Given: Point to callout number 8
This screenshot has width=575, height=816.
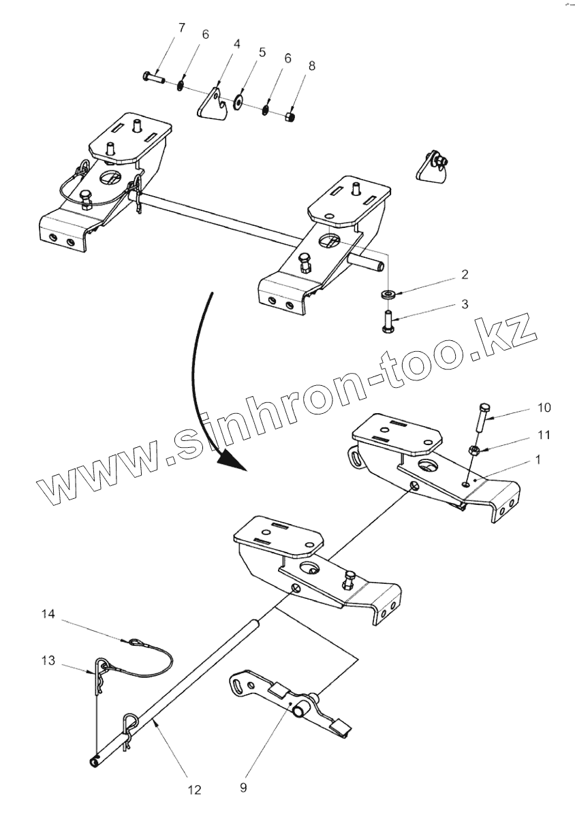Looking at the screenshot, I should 312,66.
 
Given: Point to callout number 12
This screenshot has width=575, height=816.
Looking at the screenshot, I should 194,789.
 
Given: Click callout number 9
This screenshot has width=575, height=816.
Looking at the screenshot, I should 243,789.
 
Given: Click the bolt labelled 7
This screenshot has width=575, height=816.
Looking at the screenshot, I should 155,76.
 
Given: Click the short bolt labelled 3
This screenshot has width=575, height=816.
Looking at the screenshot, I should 388,319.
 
